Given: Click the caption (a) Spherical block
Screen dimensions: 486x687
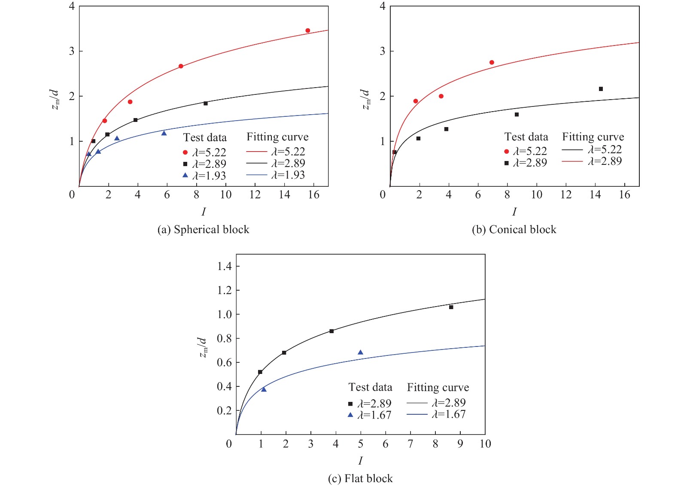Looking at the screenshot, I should coord(203,230).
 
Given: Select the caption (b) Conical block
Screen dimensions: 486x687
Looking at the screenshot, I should coord(514,230).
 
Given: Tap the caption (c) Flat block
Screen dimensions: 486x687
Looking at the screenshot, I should coord(360,478).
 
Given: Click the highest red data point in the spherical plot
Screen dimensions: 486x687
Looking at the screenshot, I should coord(307,30).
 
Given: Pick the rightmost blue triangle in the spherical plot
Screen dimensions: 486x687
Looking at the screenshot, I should coord(164,133).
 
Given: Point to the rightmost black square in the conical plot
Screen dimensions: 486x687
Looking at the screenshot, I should coord(601,89).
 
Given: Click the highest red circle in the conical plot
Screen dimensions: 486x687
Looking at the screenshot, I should coord(492,62).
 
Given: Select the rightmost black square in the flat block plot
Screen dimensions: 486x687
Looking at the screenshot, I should coord(451,307).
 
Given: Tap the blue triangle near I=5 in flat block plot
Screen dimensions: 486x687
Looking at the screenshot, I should coord(360,352).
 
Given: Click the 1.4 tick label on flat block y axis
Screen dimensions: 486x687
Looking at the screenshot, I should coord(224,266).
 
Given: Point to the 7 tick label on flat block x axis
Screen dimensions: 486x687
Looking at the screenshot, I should coord(410,444).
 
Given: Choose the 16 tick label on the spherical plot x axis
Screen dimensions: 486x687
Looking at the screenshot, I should coord(314,195).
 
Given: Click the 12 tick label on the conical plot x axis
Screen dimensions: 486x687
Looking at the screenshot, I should coord(566,195).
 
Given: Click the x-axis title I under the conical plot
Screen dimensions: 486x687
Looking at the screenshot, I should coord(514,212).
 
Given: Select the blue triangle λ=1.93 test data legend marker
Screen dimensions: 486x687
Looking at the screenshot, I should coord(185,175).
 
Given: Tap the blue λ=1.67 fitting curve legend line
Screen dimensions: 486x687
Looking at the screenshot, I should coord(416,414).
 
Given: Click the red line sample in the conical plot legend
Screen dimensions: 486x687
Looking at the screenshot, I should coord(572,161).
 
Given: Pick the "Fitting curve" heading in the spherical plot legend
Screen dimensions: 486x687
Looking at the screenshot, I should coord(277,137).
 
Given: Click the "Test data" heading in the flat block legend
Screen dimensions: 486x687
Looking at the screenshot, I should coord(370,387).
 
